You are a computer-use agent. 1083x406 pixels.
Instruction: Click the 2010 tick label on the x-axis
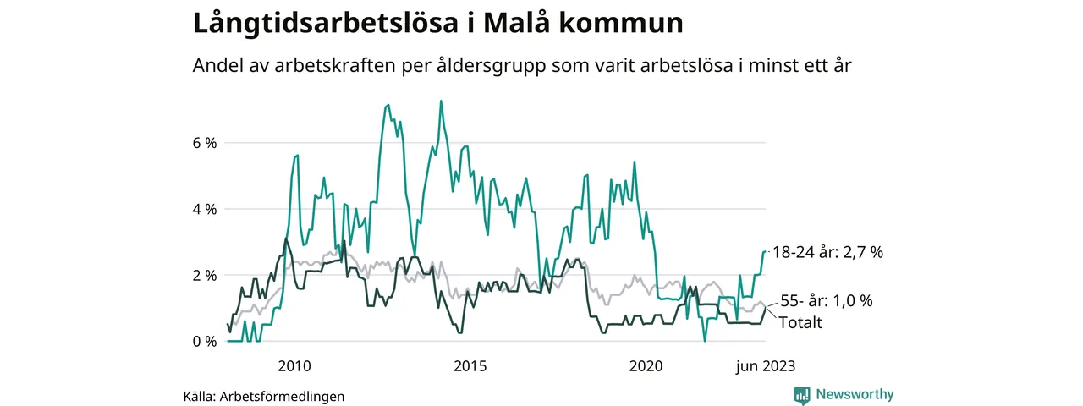294,366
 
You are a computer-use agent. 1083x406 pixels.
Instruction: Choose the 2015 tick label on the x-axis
470,366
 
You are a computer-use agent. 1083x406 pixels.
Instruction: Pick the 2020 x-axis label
646,366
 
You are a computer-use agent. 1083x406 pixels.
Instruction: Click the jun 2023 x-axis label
765,366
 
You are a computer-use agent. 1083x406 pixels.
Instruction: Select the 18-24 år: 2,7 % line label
827,252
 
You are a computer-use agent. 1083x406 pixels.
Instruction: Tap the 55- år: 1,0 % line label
826,300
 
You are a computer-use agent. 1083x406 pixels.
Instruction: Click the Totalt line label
800,321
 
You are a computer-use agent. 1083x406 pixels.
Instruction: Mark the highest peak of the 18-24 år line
441,101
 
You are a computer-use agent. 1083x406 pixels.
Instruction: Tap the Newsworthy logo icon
802,395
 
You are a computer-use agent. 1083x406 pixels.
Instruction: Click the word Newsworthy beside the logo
855,394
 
